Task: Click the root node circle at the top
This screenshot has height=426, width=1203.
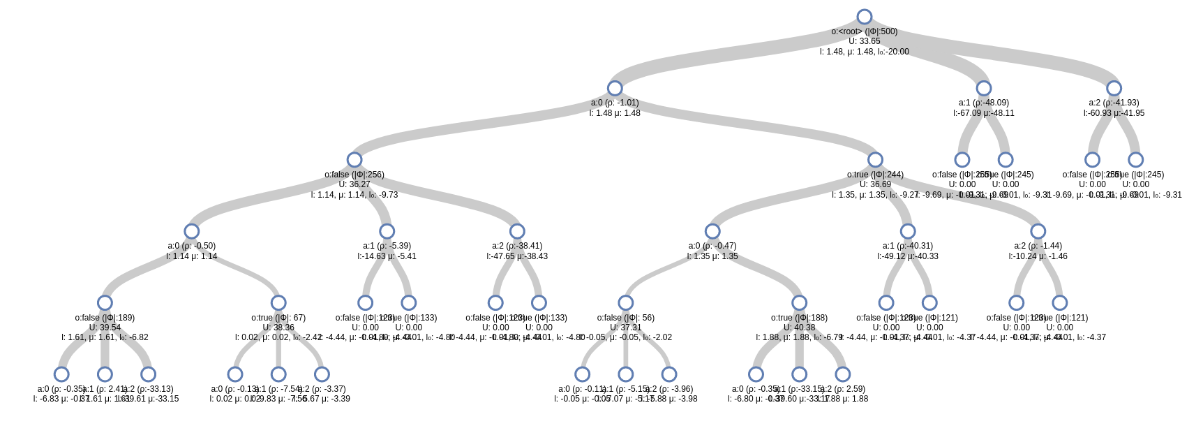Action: click(x=864, y=17)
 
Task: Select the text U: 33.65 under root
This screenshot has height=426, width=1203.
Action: click(x=864, y=41)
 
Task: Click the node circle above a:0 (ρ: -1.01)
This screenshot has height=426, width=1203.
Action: click(x=615, y=88)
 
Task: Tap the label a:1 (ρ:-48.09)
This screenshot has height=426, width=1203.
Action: click(x=984, y=103)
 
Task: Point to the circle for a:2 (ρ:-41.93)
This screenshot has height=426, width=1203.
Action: click(x=1114, y=88)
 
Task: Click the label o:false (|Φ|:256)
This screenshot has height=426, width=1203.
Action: click(x=354, y=175)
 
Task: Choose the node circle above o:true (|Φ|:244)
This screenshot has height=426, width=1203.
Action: click(x=875, y=160)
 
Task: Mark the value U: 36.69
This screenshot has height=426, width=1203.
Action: click(x=875, y=184)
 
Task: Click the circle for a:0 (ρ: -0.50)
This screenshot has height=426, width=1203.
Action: click(x=192, y=231)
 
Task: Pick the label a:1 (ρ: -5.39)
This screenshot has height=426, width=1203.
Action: click(x=387, y=246)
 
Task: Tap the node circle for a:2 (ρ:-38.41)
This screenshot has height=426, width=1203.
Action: click(x=517, y=231)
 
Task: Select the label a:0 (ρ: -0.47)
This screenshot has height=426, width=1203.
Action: click(x=712, y=246)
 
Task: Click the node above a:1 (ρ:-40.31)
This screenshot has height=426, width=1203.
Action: click(x=908, y=231)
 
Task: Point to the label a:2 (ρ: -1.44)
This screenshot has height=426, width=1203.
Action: click(x=1038, y=246)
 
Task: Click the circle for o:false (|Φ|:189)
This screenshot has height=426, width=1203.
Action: click(x=105, y=302)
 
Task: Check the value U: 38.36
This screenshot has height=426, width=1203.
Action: click(x=278, y=328)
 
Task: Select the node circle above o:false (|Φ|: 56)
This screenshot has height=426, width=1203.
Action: click(x=626, y=302)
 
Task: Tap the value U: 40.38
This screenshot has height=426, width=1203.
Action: click(x=800, y=328)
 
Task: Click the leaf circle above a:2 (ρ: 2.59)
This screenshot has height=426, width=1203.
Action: click(x=843, y=374)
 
